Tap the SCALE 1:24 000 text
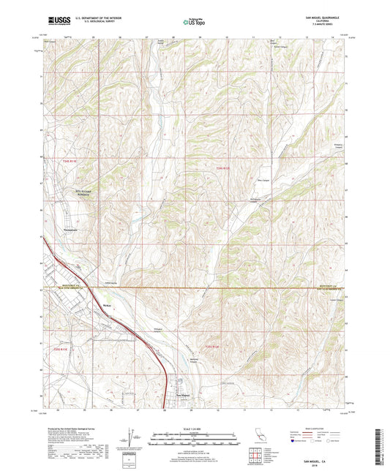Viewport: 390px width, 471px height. pyautogui.click(x=195, y=428)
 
